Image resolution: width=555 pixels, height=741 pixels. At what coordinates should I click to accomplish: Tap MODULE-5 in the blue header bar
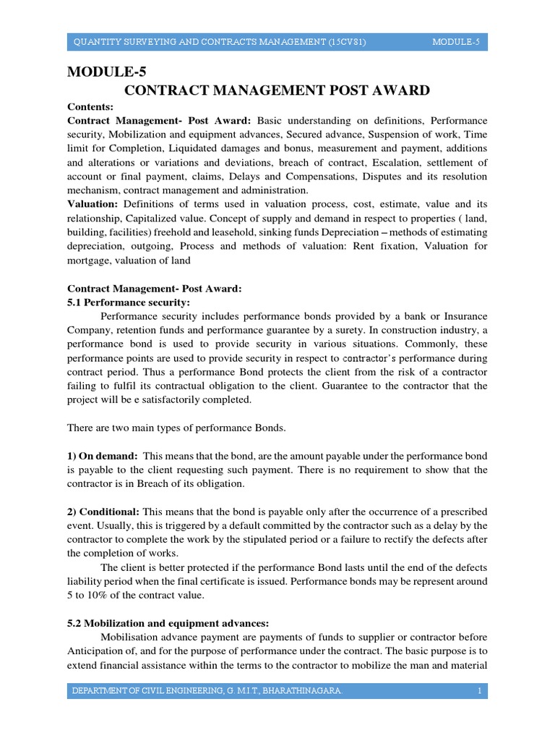456,43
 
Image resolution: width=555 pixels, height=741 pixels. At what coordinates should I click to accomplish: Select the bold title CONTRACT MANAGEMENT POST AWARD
277,90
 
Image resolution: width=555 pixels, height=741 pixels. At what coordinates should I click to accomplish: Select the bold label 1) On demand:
103,456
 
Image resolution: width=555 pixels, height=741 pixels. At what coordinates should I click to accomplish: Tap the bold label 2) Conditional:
106,512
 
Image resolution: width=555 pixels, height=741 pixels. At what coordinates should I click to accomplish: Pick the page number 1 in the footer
478,693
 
